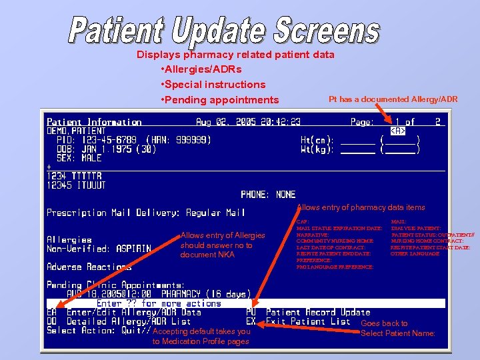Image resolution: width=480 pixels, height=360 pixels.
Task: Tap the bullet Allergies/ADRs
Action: (x=201, y=69)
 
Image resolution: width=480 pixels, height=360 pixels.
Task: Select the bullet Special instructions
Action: (x=213, y=85)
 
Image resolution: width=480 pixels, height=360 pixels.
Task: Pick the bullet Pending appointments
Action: (x=220, y=100)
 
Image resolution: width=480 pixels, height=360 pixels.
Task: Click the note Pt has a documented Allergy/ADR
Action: (x=393, y=99)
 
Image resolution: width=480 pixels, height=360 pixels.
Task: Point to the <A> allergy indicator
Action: (x=398, y=131)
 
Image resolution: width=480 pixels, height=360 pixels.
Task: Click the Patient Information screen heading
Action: (x=94, y=122)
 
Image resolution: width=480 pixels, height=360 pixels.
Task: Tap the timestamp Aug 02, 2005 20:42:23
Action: (x=248, y=122)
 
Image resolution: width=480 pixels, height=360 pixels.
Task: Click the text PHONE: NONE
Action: (x=268, y=195)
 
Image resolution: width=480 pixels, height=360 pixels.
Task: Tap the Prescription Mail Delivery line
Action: (x=146, y=213)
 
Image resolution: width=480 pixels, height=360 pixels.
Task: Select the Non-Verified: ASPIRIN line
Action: (x=99, y=249)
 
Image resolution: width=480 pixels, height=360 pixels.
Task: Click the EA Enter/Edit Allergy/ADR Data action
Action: (x=124, y=312)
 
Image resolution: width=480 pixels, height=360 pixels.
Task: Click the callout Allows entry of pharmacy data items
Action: (x=361, y=208)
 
